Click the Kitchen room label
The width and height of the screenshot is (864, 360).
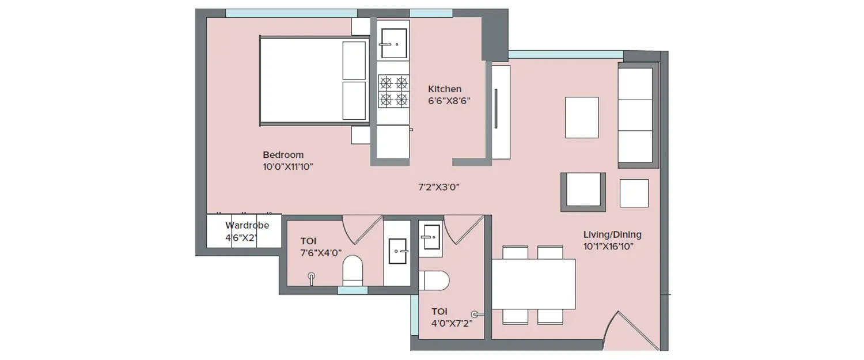(x=444, y=89)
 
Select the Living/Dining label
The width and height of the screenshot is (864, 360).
(x=612, y=235)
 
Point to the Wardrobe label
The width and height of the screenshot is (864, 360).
(x=247, y=226)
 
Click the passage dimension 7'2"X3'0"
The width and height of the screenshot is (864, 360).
(x=438, y=187)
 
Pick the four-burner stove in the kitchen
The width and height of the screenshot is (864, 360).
(x=393, y=91)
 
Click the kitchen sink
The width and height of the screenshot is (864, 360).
(x=393, y=43)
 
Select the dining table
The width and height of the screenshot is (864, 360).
(x=533, y=284)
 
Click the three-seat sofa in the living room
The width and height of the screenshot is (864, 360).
(x=636, y=116)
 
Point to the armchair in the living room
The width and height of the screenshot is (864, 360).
(x=583, y=191)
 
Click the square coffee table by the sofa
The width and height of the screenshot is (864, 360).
(x=581, y=118)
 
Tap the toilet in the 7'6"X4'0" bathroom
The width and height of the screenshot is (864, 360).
(x=352, y=270)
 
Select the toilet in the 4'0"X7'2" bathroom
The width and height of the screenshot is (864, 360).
(x=434, y=281)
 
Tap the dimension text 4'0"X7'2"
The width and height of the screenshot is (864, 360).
(x=452, y=324)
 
